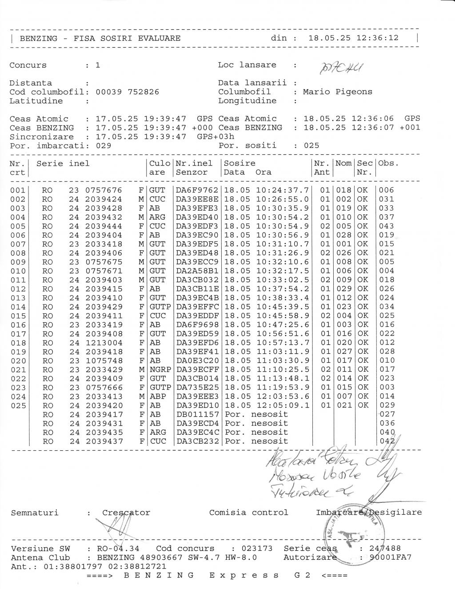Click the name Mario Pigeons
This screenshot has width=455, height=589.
338,92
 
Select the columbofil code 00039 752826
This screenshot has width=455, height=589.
128,92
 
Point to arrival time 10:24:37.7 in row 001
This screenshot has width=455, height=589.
283,190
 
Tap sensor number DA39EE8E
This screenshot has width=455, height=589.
197,199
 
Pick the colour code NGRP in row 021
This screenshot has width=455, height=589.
158,369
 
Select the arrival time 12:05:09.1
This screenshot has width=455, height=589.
283,405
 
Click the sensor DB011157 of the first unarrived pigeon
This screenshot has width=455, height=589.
197,414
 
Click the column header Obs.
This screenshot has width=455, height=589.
388,163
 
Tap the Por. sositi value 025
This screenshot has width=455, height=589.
311,146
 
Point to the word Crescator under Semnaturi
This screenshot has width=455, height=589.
126,513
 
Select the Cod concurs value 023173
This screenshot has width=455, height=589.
257,549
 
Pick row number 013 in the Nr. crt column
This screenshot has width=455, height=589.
18,298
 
